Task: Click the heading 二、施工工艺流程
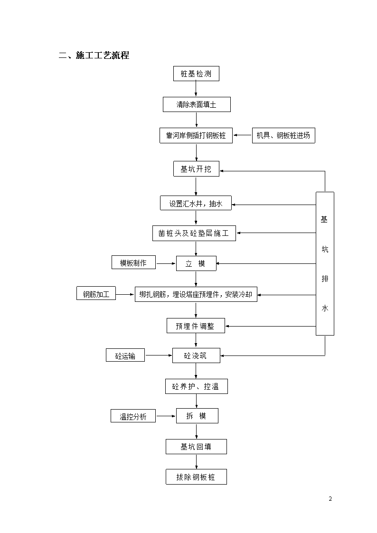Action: point(94,55)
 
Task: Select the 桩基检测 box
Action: point(196,74)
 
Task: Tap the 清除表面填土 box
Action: point(197,104)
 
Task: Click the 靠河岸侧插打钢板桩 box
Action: point(196,135)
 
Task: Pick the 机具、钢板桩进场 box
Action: point(283,135)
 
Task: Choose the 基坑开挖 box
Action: point(196,168)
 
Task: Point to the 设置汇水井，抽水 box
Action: point(196,203)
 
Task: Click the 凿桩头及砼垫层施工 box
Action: point(194,233)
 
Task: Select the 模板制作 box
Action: point(133,262)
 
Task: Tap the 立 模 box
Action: point(196,263)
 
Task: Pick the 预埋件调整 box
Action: point(196,326)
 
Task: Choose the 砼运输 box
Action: point(125,355)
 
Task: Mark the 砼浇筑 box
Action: point(196,355)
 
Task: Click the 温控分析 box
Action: point(133,416)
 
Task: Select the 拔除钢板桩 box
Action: point(196,477)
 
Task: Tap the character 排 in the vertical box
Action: point(325,279)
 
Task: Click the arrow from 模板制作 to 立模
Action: point(166,263)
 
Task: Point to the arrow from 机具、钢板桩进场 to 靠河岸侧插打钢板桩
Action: point(242,135)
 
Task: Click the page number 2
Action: point(330,499)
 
